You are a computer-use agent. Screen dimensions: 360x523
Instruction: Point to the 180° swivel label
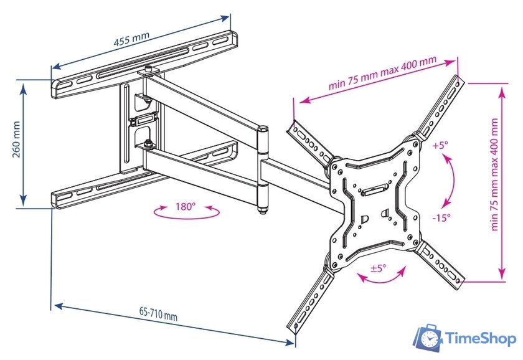pyautogui.click(x=186, y=206)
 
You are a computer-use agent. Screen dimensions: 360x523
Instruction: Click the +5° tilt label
pyautogui.click(x=440, y=146)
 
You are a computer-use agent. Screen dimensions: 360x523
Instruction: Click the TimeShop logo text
pyautogui.click(x=480, y=339)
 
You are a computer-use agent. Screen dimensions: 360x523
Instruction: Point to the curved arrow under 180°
pyautogui.click(x=186, y=214)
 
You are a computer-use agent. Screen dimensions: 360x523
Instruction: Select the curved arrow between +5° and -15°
pyautogui.click(x=450, y=181)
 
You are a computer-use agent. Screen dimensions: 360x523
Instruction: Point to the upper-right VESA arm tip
pyautogui.click(x=459, y=81)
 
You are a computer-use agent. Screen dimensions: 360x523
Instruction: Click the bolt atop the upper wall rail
pyautogui.click(x=148, y=70)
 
